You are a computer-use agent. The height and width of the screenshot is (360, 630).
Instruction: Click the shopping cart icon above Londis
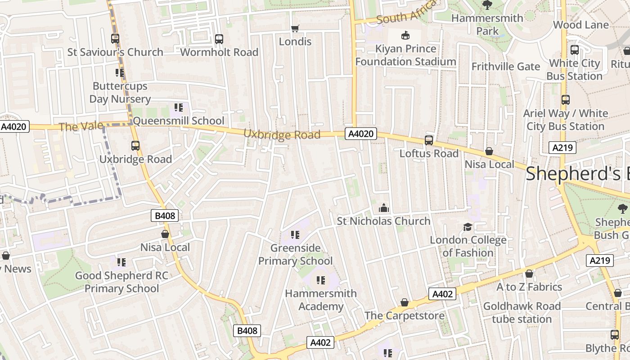(295, 29)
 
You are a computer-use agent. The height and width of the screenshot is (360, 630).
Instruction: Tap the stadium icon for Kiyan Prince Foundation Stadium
(405, 35)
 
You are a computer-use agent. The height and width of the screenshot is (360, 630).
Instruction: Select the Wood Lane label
(580, 25)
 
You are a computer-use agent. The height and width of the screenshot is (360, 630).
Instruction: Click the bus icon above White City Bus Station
(574, 50)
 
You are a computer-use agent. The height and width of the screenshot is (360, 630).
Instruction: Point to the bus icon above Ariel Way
(565, 100)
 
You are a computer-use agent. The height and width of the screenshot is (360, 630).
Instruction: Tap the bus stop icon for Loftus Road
(428, 140)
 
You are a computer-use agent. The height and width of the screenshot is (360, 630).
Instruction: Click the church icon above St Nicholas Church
(383, 208)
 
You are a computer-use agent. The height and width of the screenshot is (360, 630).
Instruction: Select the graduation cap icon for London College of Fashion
(468, 227)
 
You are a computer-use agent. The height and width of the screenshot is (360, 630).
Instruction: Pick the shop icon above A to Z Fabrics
(529, 274)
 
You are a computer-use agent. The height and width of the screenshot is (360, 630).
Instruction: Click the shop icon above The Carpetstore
(404, 302)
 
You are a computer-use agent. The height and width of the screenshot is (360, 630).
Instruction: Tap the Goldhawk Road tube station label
(522, 313)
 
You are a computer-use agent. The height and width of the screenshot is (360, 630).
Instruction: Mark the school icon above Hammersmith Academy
(320, 280)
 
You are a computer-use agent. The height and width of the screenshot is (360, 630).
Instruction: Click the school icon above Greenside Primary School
(295, 234)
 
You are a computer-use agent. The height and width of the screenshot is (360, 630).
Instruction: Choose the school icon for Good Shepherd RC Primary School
(121, 262)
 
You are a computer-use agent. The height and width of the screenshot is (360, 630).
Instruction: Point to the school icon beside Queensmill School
(178, 108)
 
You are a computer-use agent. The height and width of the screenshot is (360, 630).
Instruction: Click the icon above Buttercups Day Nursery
(119, 72)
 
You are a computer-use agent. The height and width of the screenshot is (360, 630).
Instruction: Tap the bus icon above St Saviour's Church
(115, 39)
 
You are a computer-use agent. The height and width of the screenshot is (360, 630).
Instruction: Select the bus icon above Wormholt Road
(219, 39)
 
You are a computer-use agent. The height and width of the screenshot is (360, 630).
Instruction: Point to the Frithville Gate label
(505, 67)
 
